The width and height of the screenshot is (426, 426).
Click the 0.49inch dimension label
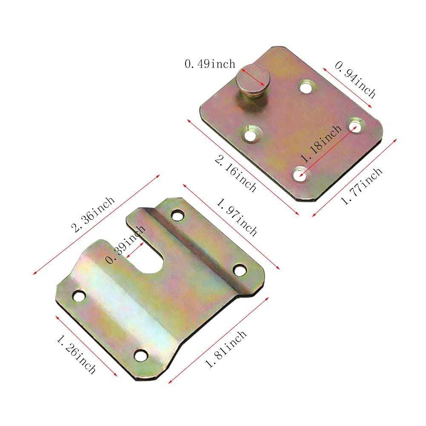[x=209, y=64]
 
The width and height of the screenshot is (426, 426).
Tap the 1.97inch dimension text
[x=237, y=216]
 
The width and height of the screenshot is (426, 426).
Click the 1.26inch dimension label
[x=76, y=353]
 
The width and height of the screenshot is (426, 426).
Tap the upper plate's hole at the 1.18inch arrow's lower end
[x=300, y=174]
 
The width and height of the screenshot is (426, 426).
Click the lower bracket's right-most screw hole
[x=240, y=269]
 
